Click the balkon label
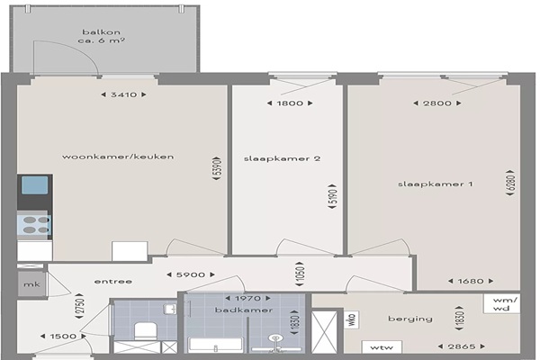click(101, 32)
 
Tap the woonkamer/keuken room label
click(118, 157)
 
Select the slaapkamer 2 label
click(282, 158)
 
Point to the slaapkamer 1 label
click(436, 184)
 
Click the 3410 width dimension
click(124, 94)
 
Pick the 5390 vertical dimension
click(217, 169)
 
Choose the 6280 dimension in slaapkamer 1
click(511, 183)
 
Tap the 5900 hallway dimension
click(191, 274)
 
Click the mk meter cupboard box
click(31, 284)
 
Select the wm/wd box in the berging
click(501, 303)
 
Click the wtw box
click(382, 347)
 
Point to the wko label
click(352, 320)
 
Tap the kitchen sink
click(35, 185)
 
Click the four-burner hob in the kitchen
click(34, 225)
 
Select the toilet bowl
click(145, 330)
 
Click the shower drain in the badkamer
click(274, 338)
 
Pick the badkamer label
click(244, 310)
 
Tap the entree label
click(113, 282)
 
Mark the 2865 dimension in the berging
click(462, 346)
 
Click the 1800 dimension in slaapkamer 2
click(290, 103)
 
